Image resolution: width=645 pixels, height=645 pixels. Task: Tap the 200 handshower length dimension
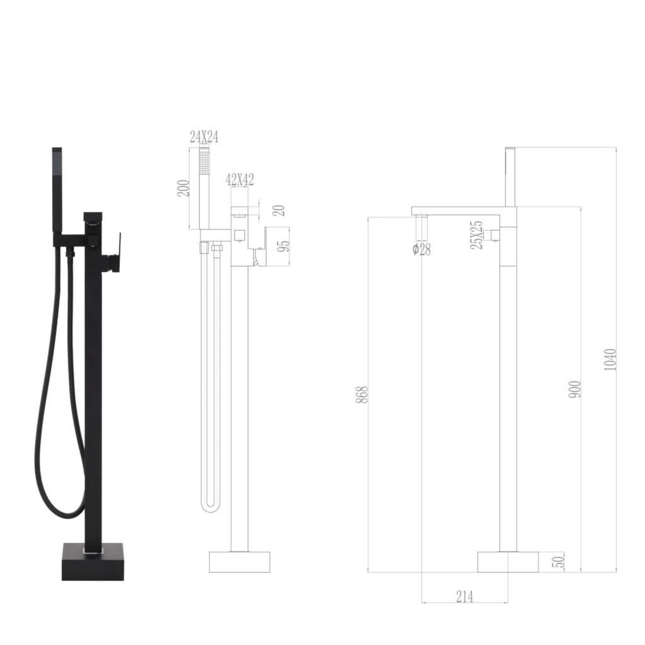coord(184,188)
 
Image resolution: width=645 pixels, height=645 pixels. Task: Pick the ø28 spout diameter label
coord(422,249)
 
